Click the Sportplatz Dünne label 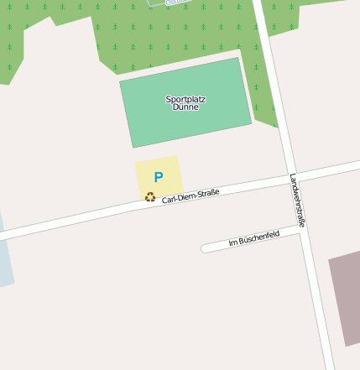[x=185, y=103]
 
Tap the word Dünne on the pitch [x=185, y=107]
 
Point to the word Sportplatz [x=185, y=99]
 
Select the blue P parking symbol [x=158, y=178]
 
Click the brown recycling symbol [x=150, y=197]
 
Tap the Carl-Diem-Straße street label [x=190, y=196]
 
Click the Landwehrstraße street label [x=297, y=201]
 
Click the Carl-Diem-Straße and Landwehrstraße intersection [x=289, y=176]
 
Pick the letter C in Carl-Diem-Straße [x=165, y=201]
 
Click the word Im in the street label [x=232, y=244]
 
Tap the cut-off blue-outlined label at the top [x=172, y=3]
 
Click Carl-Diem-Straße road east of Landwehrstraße [x=331, y=166]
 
